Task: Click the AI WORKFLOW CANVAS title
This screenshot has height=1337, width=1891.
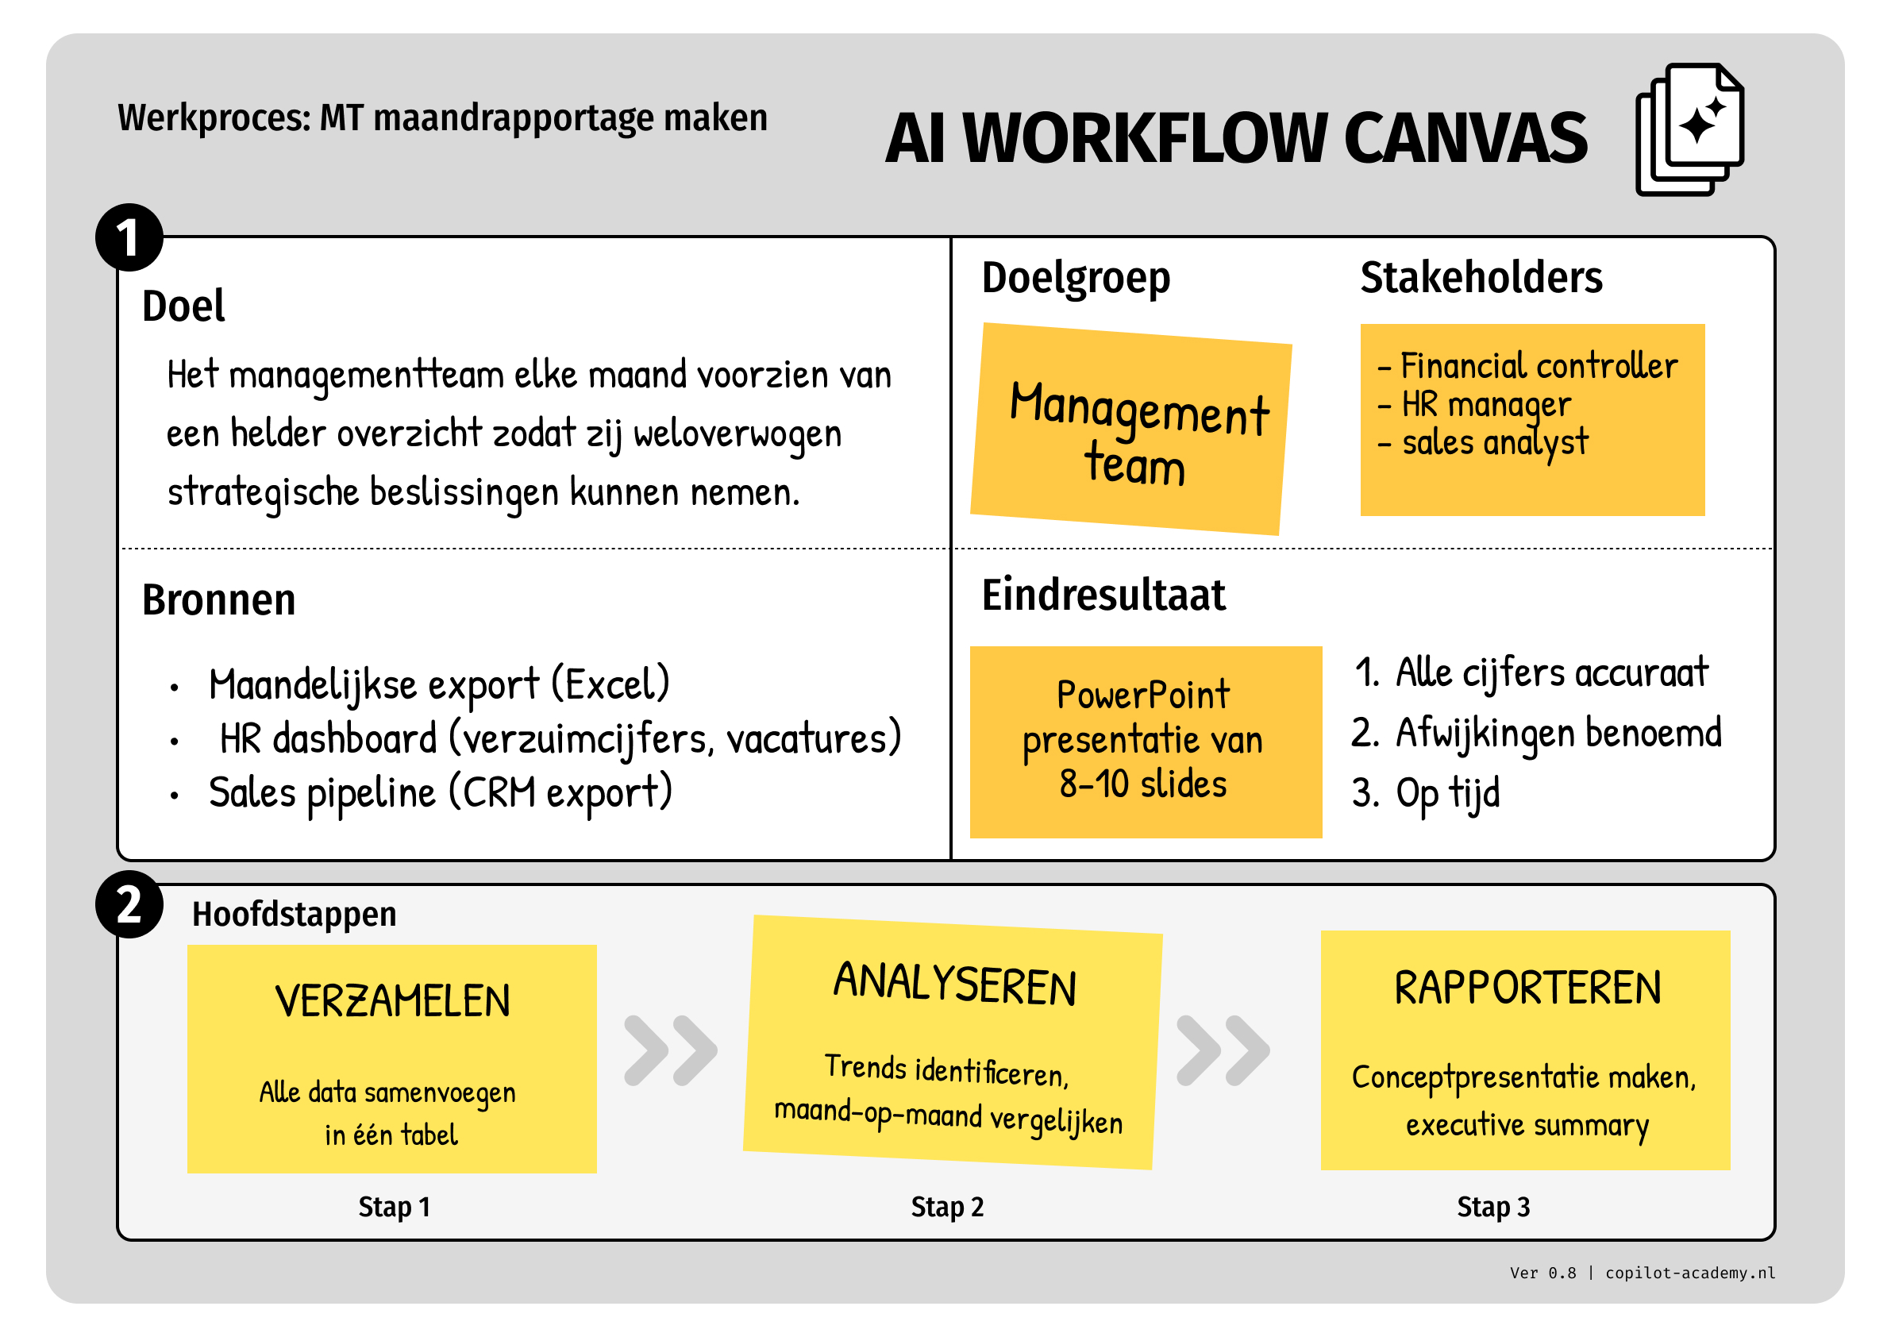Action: click(x=1235, y=138)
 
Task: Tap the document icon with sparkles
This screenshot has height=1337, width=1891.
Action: click(x=1690, y=130)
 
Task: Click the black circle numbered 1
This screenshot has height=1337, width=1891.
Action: click(x=129, y=237)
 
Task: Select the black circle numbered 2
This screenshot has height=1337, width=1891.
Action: click(x=129, y=904)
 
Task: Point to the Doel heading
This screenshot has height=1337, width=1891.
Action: click(x=183, y=306)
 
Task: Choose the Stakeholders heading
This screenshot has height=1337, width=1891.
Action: click(x=1481, y=278)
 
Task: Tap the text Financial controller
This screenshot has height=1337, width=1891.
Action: click(x=1538, y=366)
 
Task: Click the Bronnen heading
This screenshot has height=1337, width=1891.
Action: click(x=218, y=599)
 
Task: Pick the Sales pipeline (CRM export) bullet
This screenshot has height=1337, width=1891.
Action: click(x=440, y=792)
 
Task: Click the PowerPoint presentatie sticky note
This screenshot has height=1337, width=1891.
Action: click(x=1145, y=742)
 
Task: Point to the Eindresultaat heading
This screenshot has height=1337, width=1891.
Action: click(x=1103, y=595)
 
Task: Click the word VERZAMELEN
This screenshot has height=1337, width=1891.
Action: click(x=392, y=1002)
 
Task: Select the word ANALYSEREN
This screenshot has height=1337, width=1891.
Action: click(x=953, y=984)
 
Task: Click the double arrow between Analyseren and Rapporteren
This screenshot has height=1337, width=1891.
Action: click(x=1223, y=1050)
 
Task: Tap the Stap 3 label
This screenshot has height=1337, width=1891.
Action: click(x=1492, y=1207)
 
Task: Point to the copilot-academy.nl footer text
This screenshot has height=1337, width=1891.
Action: click(x=1689, y=1273)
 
